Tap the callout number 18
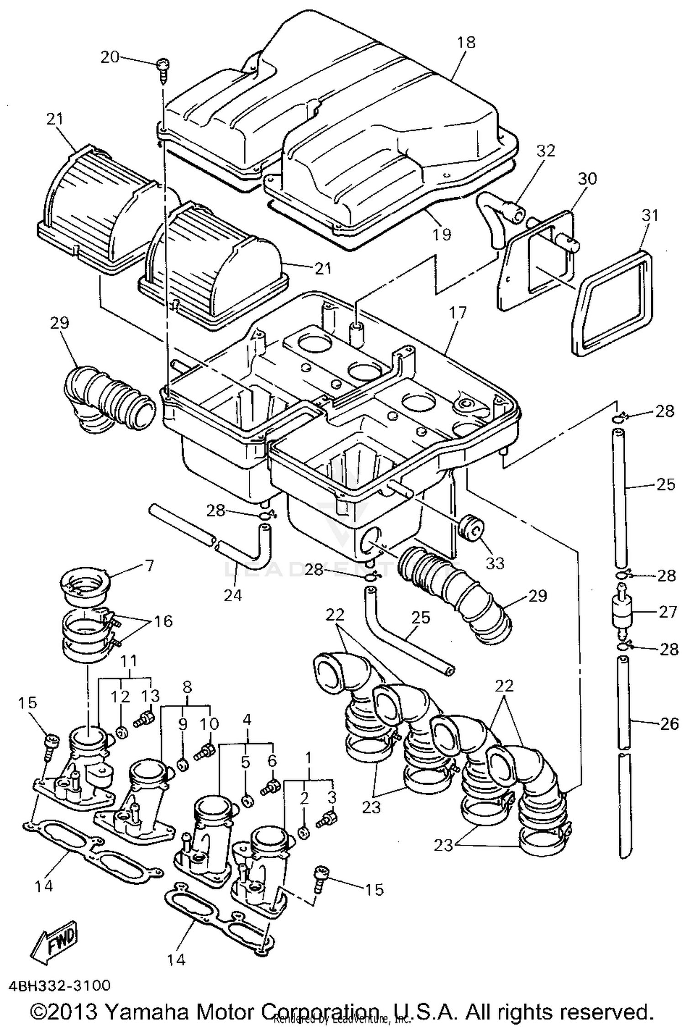click(x=466, y=42)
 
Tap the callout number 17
click(x=458, y=312)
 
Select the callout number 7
click(x=149, y=565)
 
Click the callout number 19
click(x=441, y=234)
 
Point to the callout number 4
click(x=247, y=720)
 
